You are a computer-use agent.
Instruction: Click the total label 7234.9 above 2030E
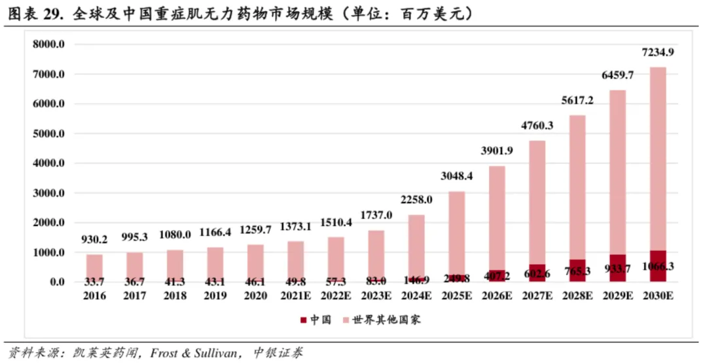[658, 52]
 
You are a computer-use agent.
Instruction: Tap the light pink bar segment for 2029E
[618, 170]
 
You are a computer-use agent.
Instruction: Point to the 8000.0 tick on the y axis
[50, 44]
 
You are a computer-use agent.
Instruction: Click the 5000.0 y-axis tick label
[50, 134]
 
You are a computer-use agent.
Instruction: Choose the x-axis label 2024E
[416, 295]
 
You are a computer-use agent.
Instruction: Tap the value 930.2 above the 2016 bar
[95, 239]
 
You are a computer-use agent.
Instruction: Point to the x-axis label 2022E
[336, 295]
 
